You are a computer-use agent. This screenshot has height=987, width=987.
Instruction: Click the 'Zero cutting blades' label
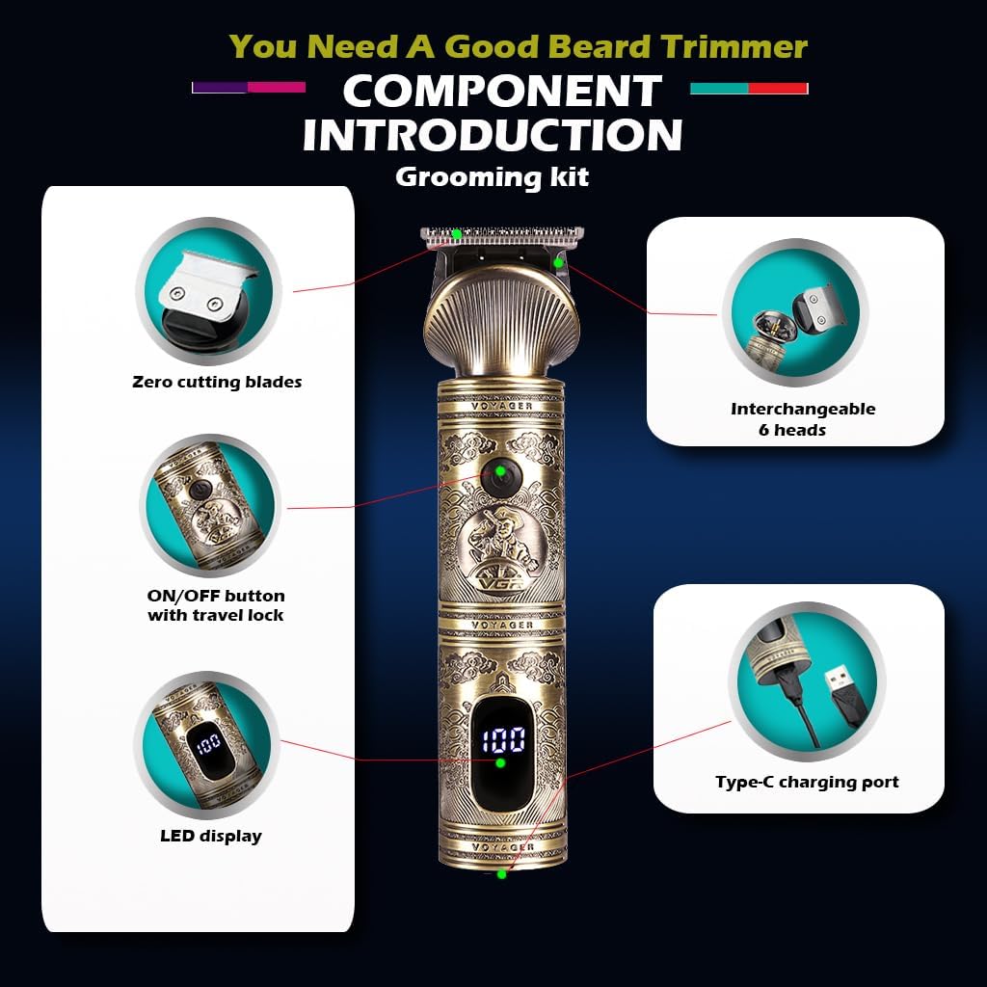click(x=217, y=382)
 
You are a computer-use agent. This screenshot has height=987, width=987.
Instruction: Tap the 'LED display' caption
click(x=211, y=836)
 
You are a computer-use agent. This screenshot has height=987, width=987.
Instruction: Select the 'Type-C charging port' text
click(x=807, y=782)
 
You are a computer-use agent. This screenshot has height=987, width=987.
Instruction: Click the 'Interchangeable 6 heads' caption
click(x=803, y=419)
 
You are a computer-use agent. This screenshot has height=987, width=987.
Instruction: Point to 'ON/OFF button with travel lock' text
click(x=216, y=605)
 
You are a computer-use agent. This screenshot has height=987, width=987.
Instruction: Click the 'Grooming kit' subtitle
click(x=493, y=177)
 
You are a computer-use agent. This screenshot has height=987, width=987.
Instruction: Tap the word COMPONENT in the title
click(x=501, y=91)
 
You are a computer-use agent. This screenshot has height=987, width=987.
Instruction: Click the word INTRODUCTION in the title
click(x=493, y=134)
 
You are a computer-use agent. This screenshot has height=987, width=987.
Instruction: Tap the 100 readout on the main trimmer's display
click(x=503, y=740)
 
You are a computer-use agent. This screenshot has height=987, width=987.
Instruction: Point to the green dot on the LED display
click(x=500, y=763)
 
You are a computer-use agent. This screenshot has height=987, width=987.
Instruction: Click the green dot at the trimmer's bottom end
click(x=501, y=873)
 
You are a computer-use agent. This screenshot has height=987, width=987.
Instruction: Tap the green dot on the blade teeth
click(x=457, y=234)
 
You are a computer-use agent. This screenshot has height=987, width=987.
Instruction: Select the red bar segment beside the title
click(x=778, y=88)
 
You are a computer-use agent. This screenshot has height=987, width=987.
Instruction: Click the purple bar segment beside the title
click(x=220, y=88)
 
